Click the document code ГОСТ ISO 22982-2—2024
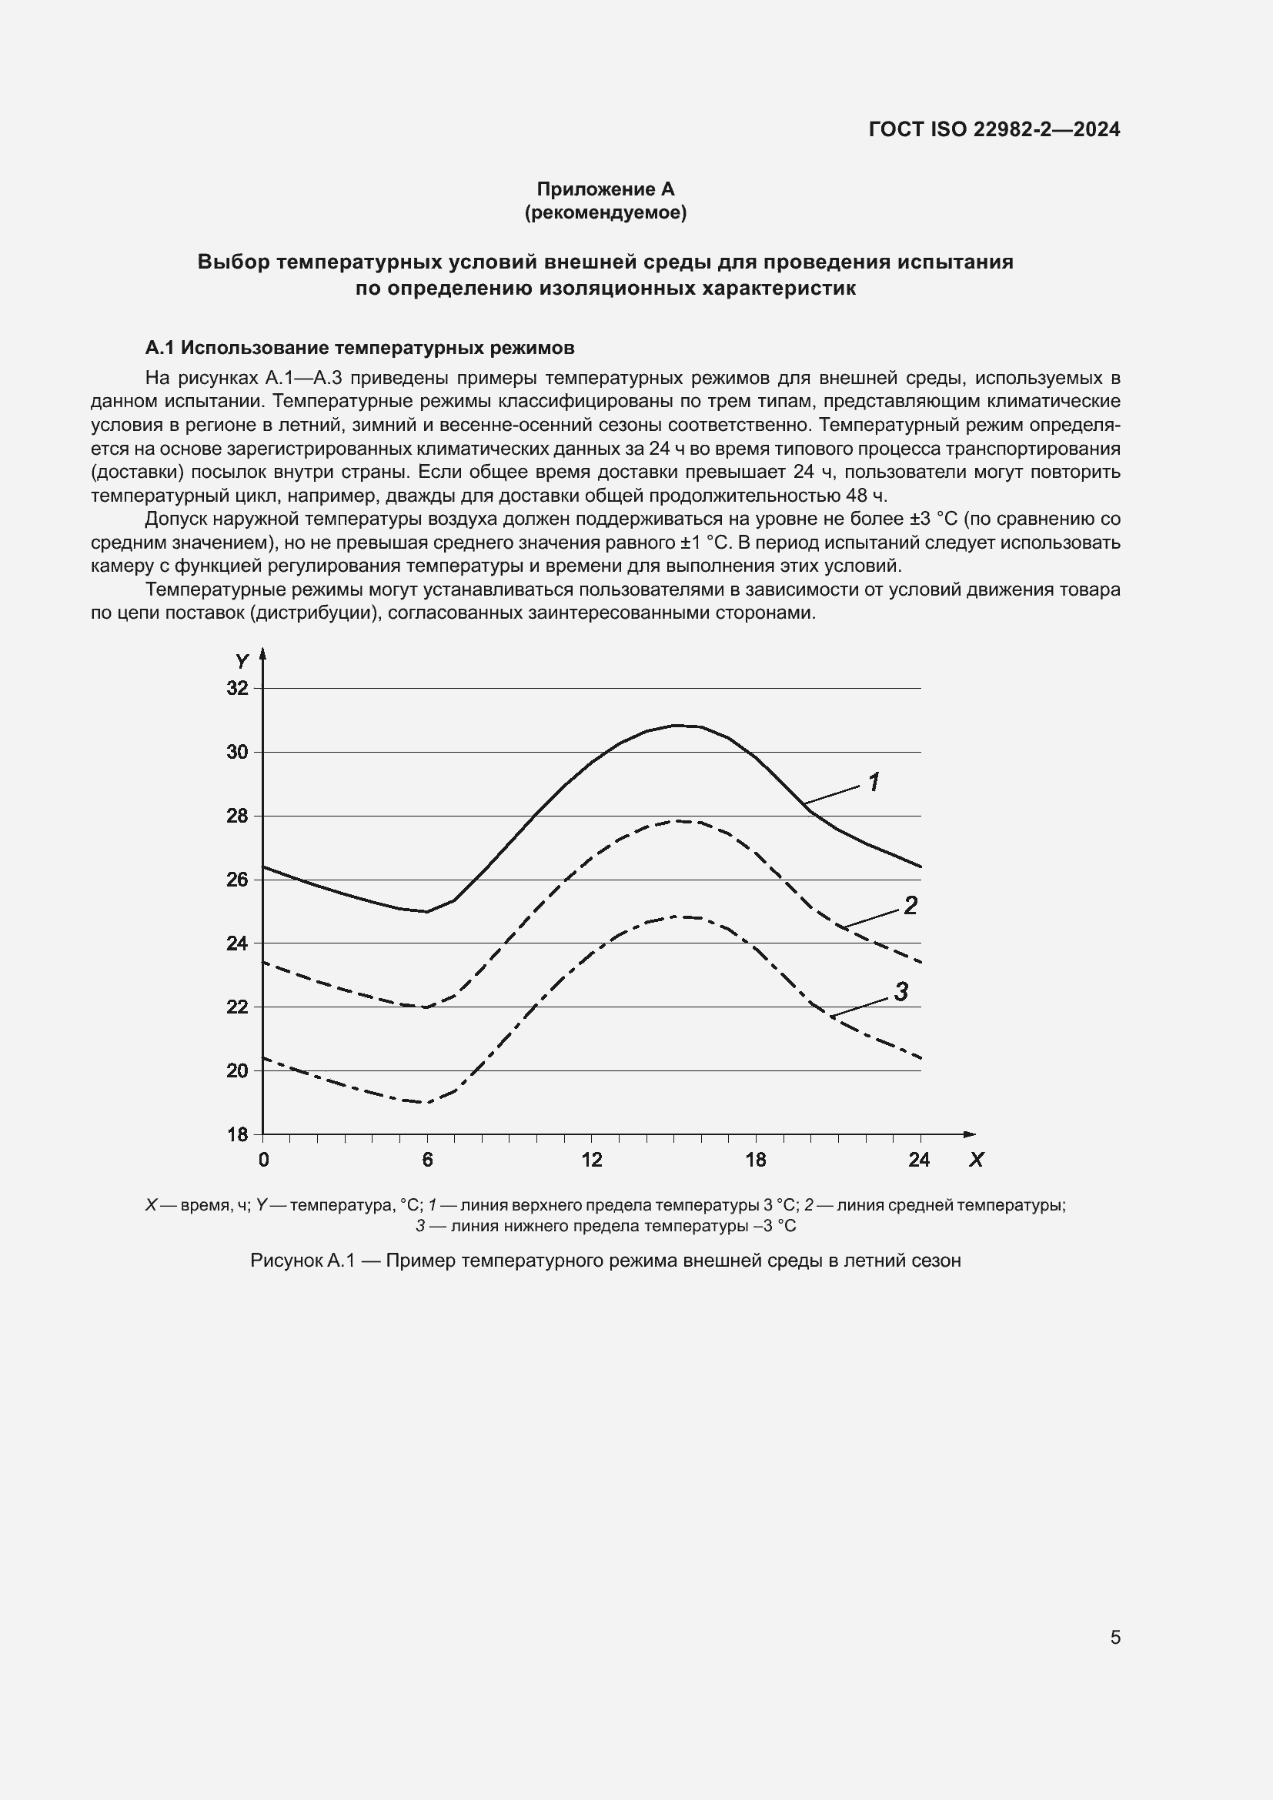point(994,129)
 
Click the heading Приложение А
point(605,189)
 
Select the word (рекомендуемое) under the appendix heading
point(605,212)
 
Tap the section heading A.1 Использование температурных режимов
point(359,347)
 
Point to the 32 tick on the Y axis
point(237,688)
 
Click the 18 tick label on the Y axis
point(237,1134)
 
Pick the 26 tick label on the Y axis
point(237,880)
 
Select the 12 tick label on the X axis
point(592,1160)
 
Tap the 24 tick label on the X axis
point(919,1160)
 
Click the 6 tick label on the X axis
point(427,1160)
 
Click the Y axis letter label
point(242,662)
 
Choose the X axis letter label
point(976,1160)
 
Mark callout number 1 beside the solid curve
point(874,782)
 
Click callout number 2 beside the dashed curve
point(910,906)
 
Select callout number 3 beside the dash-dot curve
point(900,992)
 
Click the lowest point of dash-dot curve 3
point(426,1102)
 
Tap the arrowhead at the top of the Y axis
point(262,653)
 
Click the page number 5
point(1114,1637)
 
